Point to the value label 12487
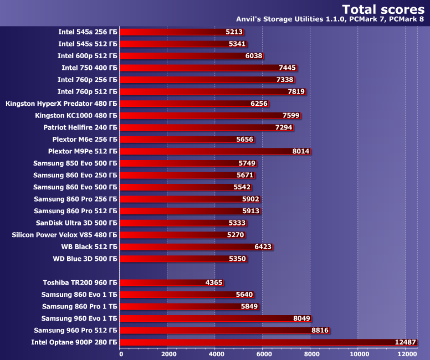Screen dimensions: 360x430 point(405,343)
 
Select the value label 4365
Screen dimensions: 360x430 point(213,282)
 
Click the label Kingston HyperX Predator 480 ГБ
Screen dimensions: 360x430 point(61,104)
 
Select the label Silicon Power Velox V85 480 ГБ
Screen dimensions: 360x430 point(64,235)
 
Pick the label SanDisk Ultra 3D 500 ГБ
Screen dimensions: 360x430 point(76,223)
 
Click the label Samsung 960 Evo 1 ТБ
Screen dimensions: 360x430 point(79,318)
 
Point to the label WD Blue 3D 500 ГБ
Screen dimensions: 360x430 point(81,259)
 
